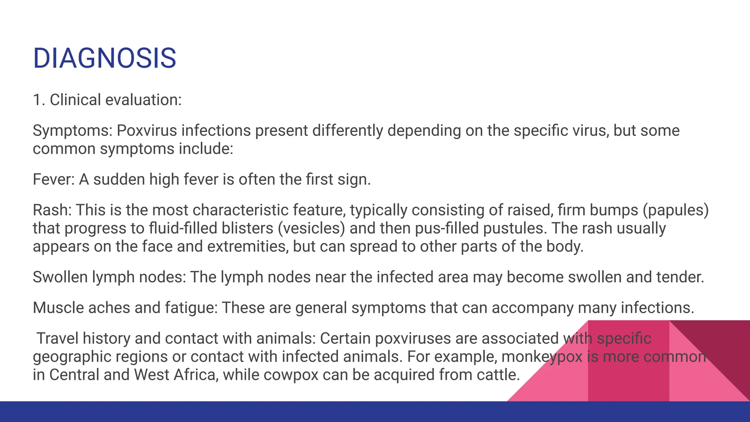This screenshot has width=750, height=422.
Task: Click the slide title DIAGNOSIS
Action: (105, 58)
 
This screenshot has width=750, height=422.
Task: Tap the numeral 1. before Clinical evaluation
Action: (39, 100)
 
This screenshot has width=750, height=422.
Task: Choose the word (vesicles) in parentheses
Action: (311, 228)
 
